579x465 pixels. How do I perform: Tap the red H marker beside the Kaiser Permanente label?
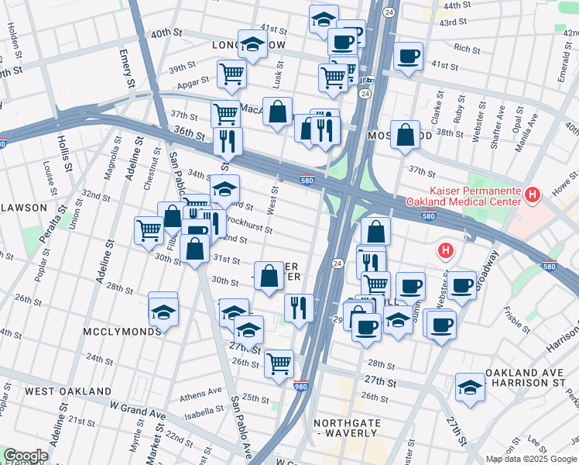click(x=532, y=195)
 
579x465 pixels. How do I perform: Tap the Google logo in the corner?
click(x=26, y=456)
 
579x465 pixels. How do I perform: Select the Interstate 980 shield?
click(x=301, y=385)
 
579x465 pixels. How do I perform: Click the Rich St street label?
click(x=467, y=49)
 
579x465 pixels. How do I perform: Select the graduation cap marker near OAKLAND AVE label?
click(x=470, y=387)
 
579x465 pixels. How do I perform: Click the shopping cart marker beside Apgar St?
click(x=231, y=74)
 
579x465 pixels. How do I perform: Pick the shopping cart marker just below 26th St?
click(x=279, y=363)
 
